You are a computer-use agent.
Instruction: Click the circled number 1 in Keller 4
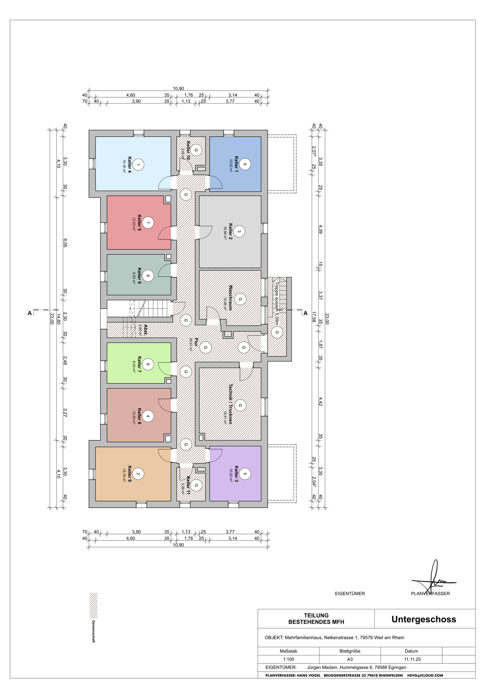(138, 165)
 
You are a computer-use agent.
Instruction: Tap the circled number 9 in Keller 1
(245, 164)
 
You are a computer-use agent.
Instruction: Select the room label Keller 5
(140, 223)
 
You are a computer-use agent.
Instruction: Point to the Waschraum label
(231, 297)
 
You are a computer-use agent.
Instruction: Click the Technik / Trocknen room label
(231, 404)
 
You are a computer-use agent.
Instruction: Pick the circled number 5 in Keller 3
(245, 474)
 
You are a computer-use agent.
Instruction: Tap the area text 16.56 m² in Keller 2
(226, 233)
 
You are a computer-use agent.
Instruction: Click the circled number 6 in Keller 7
(148, 364)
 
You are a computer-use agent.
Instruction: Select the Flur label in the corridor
(196, 342)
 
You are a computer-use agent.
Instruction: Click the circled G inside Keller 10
(196, 150)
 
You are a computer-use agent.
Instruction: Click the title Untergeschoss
(424, 619)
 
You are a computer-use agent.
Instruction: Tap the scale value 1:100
(288, 659)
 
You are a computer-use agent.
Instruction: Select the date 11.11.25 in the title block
(413, 659)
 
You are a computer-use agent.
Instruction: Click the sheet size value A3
(350, 659)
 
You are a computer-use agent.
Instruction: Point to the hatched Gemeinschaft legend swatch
(93, 605)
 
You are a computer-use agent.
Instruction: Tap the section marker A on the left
(30, 313)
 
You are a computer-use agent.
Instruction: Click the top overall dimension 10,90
(178, 89)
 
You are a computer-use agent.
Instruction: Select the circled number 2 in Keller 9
(138, 474)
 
